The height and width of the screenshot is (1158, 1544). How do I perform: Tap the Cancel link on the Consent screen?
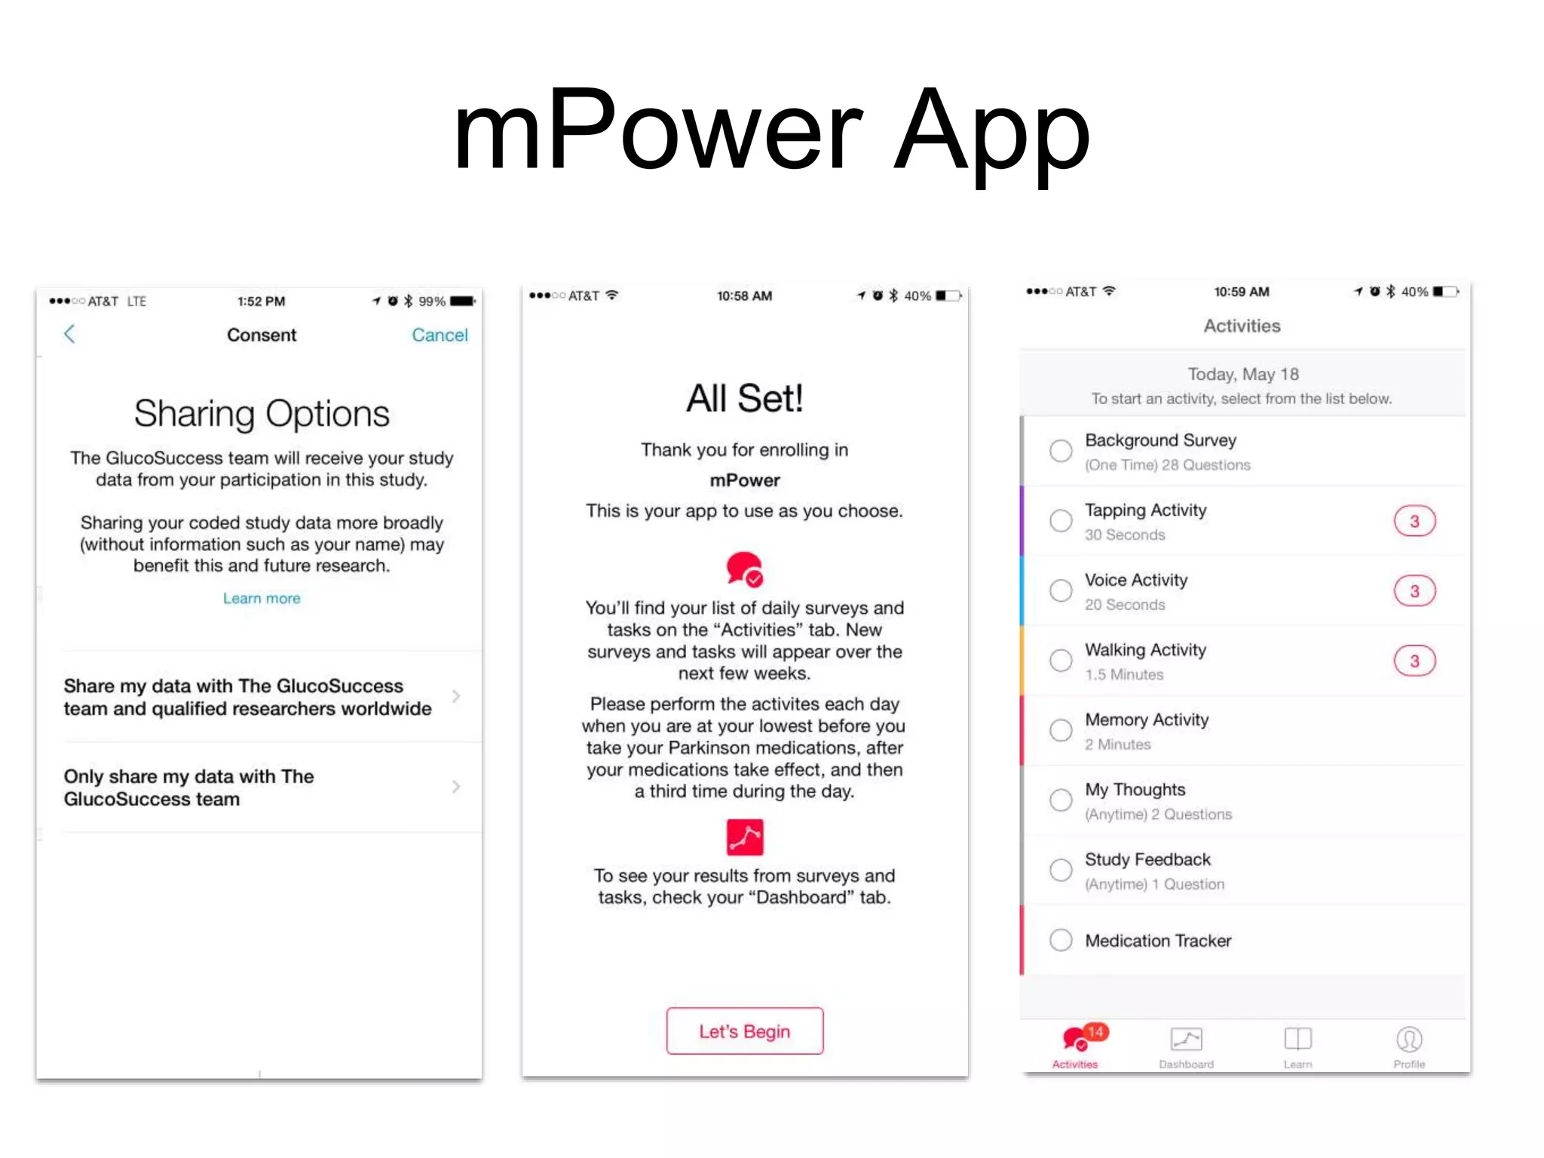click(x=440, y=335)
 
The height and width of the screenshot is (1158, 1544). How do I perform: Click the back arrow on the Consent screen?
click(x=69, y=334)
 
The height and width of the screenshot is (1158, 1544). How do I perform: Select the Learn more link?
click(x=262, y=599)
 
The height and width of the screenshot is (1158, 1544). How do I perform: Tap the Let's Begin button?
click(x=745, y=1031)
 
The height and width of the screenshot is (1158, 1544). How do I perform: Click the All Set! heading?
click(x=745, y=398)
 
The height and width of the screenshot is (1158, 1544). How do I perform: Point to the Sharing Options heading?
click(x=262, y=414)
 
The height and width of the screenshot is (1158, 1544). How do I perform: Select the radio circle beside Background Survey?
click(x=1061, y=451)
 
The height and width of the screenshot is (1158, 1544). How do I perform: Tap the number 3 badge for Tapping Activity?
click(x=1414, y=521)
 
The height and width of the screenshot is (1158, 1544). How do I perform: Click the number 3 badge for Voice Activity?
click(x=1414, y=591)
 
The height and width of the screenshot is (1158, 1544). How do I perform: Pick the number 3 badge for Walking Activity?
click(x=1414, y=661)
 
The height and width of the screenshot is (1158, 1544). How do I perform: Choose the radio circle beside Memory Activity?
click(x=1061, y=730)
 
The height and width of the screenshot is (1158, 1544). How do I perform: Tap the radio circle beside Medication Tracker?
click(x=1061, y=940)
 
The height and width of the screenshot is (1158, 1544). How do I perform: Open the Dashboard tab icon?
click(x=1186, y=1040)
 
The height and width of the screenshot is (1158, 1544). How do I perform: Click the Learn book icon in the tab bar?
click(x=1297, y=1040)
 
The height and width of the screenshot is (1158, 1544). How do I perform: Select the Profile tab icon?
click(x=1409, y=1040)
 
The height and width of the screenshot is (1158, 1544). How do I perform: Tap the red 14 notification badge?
click(x=1096, y=1031)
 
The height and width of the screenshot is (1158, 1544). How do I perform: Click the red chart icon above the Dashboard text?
click(x=745, y=837)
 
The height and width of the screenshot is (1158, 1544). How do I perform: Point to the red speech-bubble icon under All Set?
click(x=744, y=569)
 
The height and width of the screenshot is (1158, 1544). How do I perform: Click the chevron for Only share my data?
click(x=456, y=787)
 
